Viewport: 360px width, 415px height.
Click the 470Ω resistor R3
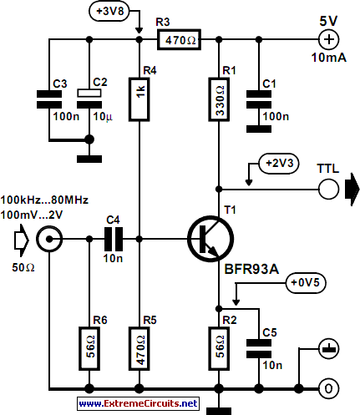click(179, 40)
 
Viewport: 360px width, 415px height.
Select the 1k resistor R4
click(139, 99)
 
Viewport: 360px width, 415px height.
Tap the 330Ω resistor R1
click(219, 99)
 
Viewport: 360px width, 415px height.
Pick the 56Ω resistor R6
click(89, 348)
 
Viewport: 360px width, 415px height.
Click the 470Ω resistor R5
click(139, 348)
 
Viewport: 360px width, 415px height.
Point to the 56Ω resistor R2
click(219, 348)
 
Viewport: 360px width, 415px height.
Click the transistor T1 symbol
click(210, 239)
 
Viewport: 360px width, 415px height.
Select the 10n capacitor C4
click(114, 239)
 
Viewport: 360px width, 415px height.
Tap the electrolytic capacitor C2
click(89, 99)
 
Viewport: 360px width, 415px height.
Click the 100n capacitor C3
click(49, 99)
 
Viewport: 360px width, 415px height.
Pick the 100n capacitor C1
click(259, 99)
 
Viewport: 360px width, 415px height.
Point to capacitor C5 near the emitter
click(259, 348)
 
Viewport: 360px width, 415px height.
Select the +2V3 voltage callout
click(279, 164)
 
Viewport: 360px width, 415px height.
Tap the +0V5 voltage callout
click(306, 283)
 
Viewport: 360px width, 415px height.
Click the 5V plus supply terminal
click(329, 39)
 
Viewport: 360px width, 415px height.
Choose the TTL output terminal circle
click(329, 190)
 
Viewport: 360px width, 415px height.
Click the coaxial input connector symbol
click(49, 239)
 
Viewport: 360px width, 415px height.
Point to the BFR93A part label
click(251, 269)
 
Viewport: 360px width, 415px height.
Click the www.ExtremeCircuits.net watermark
click(139, 403)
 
